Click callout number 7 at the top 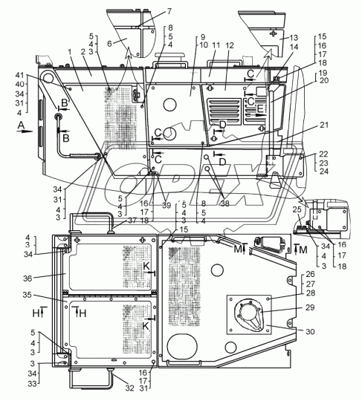[x=169, y=11]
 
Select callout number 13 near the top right [x=294, y=38]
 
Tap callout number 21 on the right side [x=323, y=125]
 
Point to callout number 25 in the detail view [x=297, y=209]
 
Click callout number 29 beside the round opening [x=310, y=307]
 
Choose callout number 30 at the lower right [x=311, y=331]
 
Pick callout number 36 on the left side [x=28, y=278]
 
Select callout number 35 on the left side [x=27, y=295]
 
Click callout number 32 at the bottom [x=130, y=388]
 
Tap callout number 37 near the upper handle [x=132, y=221]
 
